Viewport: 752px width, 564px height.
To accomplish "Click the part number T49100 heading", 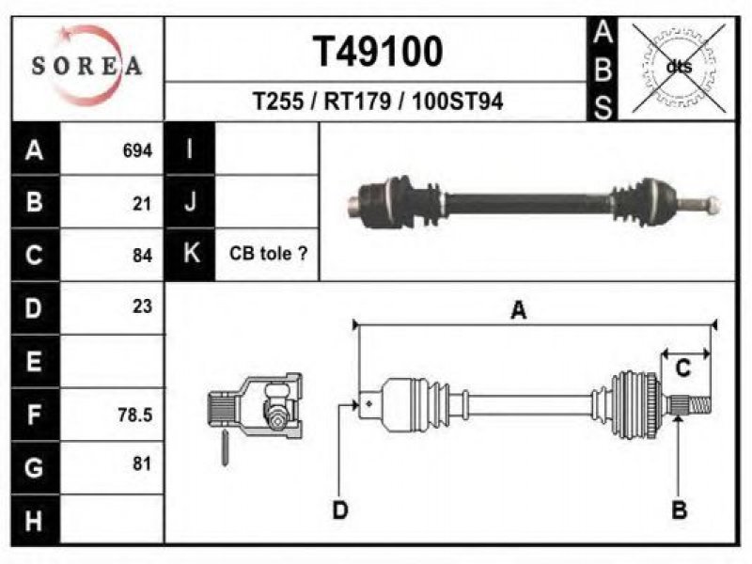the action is click(378, 52).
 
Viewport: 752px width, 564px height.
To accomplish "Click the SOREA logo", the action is click(86, 66).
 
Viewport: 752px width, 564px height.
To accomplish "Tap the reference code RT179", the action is click(357, 102).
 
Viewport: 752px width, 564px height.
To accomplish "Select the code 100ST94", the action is click(458, 102).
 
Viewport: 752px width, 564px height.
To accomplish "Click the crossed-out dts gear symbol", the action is click(679, 67).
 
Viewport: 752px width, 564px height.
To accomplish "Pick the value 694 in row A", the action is click(137, 150).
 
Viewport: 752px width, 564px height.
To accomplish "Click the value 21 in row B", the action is click(142, 204).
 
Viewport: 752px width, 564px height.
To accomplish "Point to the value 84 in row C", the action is click(143, 255).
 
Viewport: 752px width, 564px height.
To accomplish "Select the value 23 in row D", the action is click(143, 306).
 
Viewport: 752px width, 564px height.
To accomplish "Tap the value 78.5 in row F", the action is click(135, 415).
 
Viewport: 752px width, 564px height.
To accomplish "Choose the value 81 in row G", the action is click(142, 463).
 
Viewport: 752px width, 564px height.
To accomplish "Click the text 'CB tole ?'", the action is click(268, 253).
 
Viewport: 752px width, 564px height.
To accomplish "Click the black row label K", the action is click(191, 254).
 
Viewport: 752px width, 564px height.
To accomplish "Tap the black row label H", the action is click(34, 521).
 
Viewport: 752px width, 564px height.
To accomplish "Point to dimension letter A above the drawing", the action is click(519, 310).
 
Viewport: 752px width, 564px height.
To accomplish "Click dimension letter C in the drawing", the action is click(682, 368).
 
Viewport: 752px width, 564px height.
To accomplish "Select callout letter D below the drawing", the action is click(340, 509).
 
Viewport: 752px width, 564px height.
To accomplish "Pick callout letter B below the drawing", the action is click(680, 509).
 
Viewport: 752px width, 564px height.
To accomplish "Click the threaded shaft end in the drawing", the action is click(699, 405).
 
